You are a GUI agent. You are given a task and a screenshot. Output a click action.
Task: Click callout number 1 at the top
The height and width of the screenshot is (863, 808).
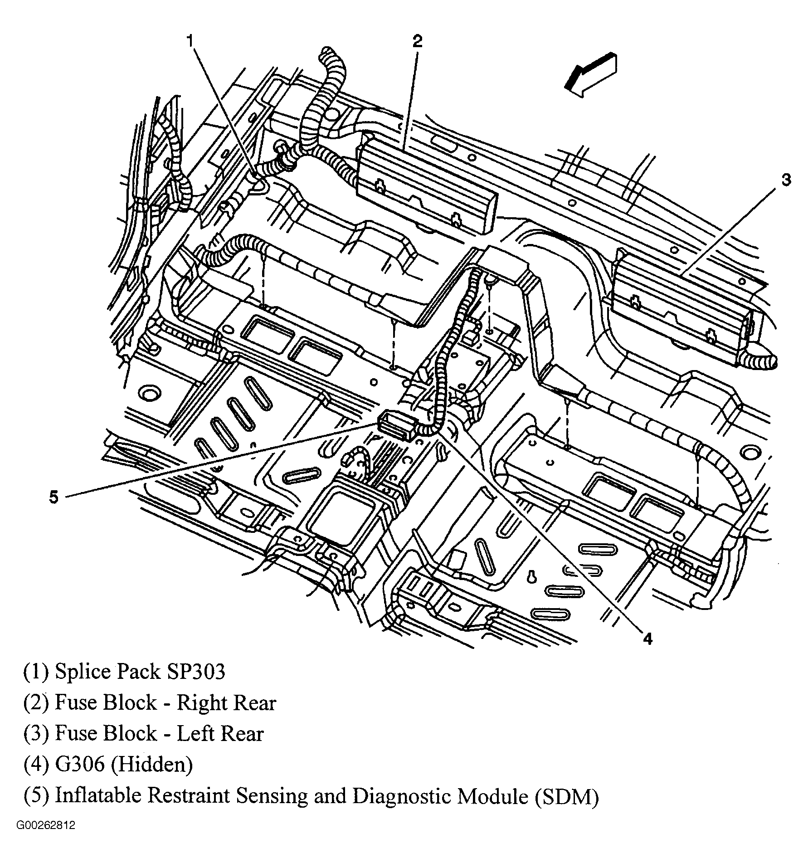[x=191, y=41]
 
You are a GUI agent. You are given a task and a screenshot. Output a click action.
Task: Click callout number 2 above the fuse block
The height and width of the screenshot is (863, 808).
[x=417, y=41]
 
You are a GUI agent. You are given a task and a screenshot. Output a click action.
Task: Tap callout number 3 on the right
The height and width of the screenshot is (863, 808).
[x=786, y=180]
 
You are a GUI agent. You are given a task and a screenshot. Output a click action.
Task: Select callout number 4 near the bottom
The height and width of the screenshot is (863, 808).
[x=647, y=639]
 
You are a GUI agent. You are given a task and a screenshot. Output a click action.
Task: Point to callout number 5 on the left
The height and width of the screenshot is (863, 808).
[x=54, y=497]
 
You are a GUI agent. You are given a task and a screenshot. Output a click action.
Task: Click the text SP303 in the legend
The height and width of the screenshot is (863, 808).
[x=197, y=672]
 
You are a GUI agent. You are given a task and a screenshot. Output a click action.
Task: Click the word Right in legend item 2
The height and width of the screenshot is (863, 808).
[x=198, y=703]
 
